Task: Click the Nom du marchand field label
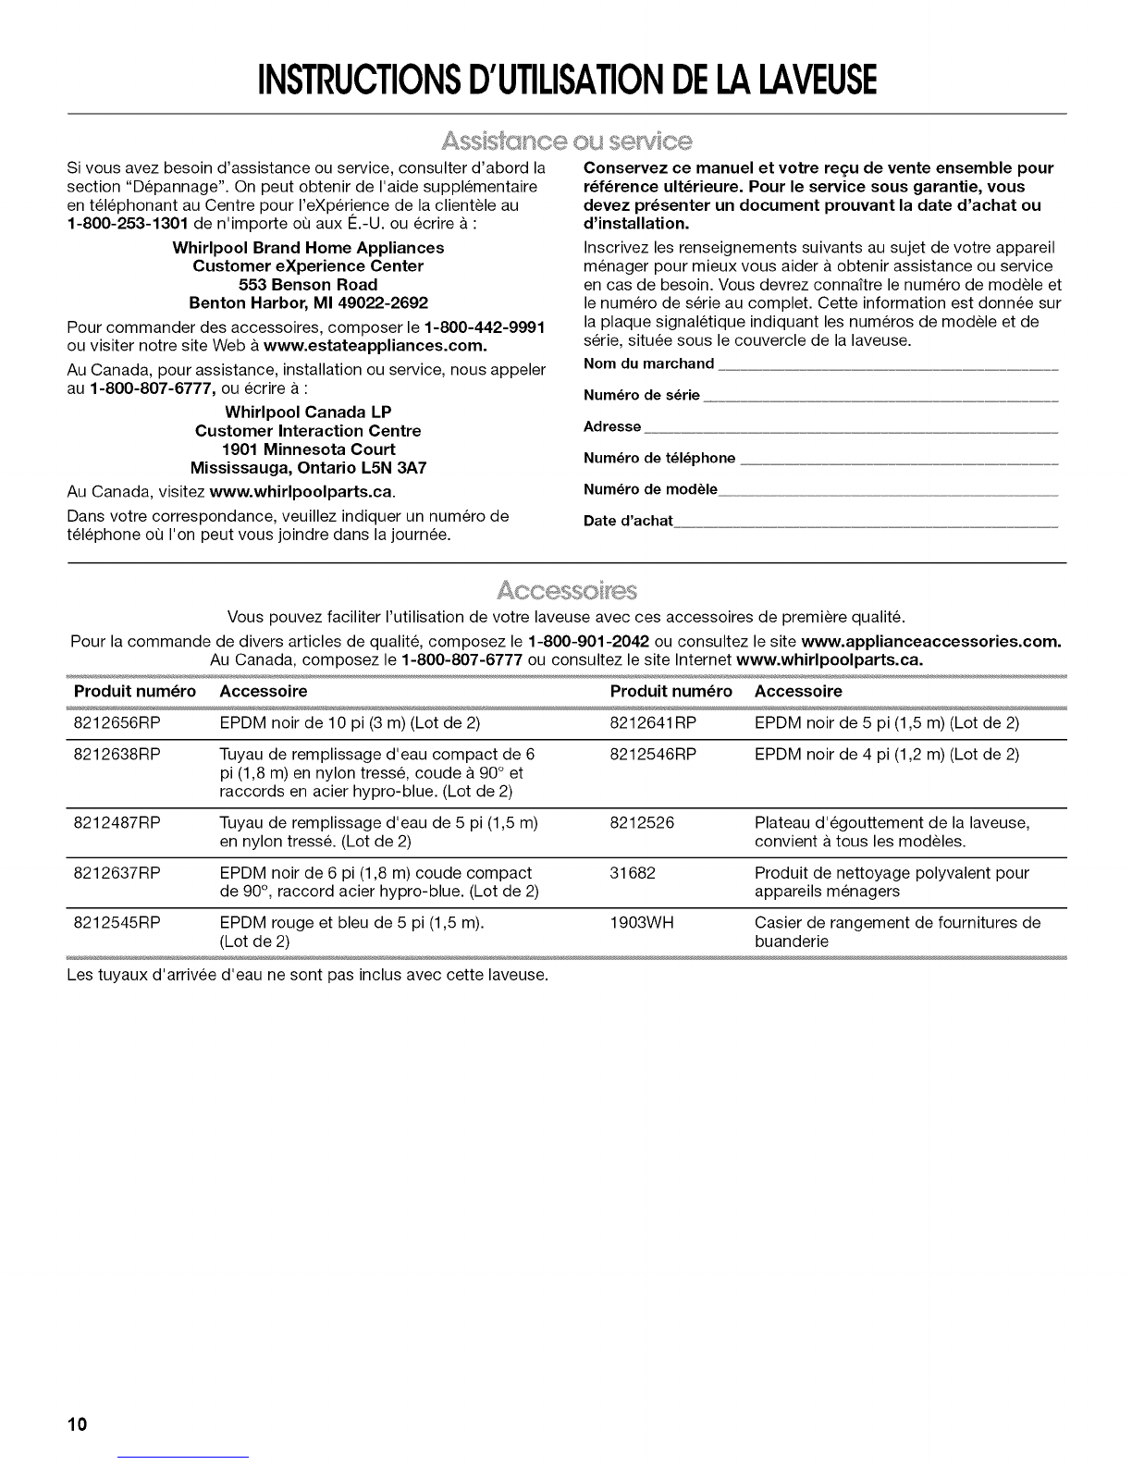pos(649,363)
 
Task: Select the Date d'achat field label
pos(628,521)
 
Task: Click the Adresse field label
pos(612,426)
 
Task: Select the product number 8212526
pos(642,822)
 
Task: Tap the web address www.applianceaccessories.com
pos(930,642)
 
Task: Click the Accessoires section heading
pos(567,590)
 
